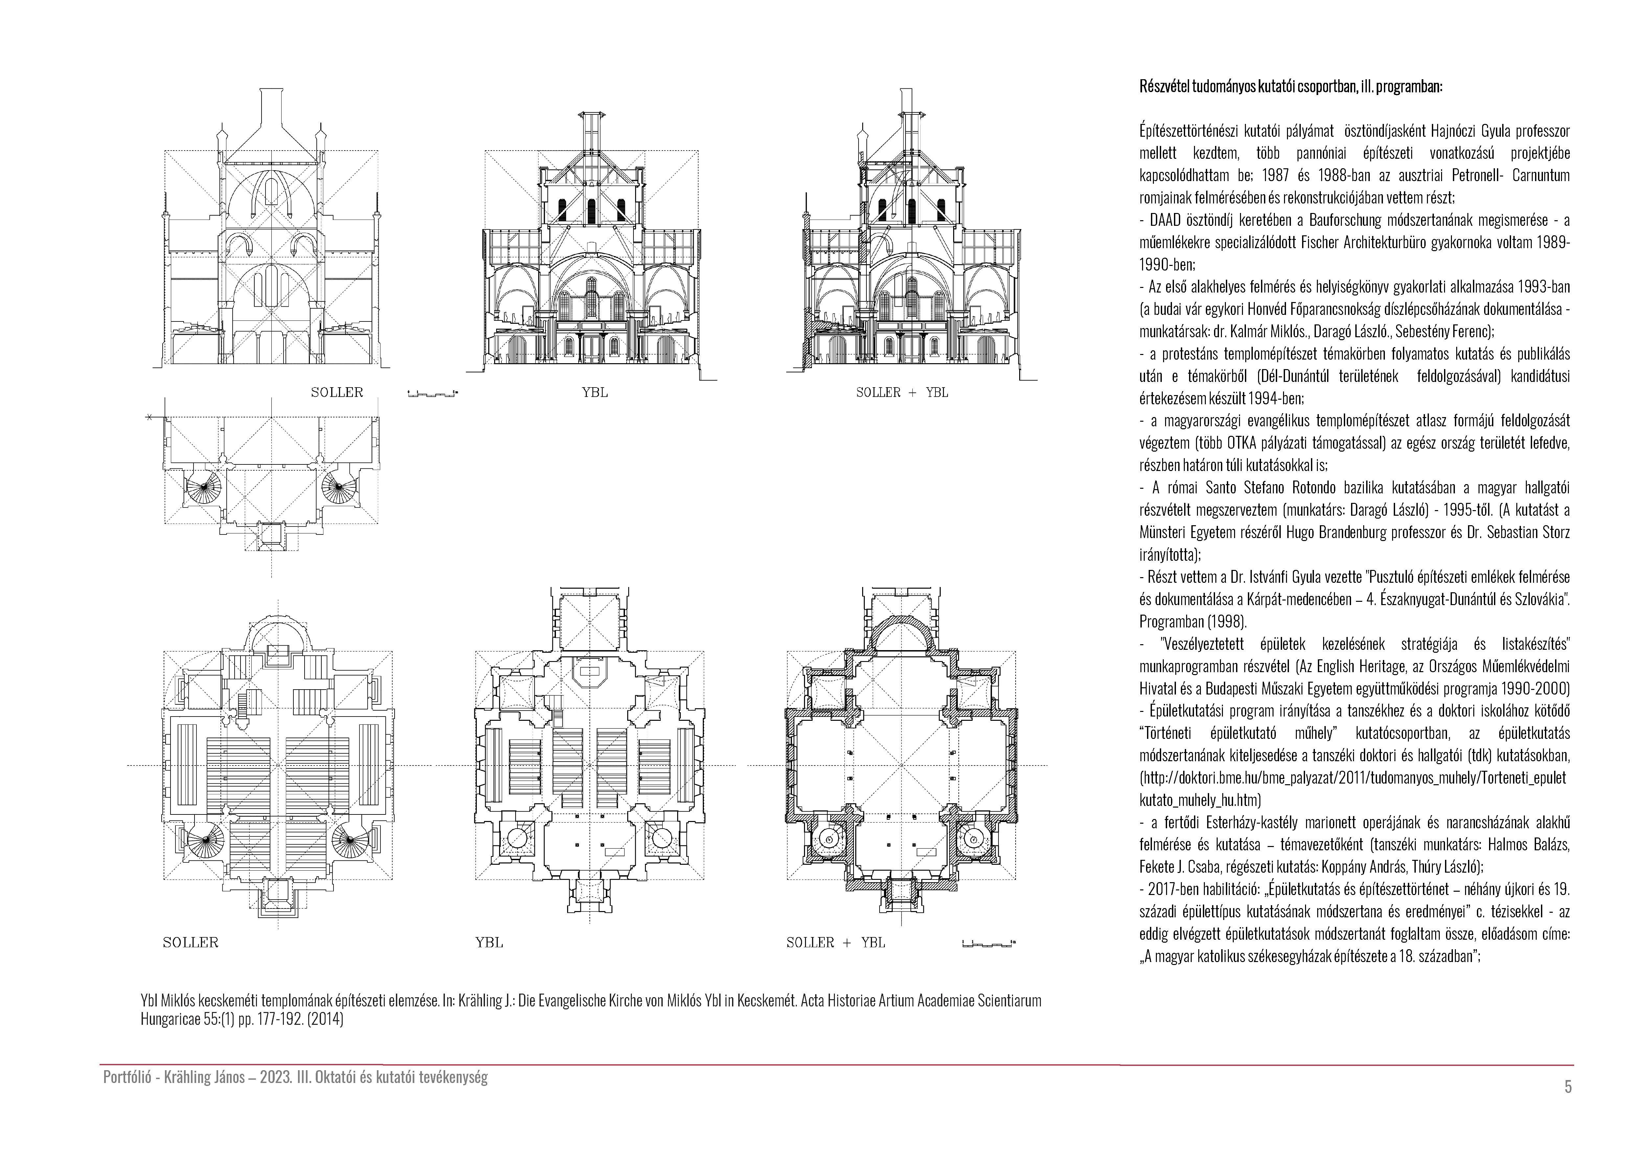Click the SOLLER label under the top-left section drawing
[336, 393]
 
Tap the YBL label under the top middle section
[595, 393]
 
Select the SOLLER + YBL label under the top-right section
[902, 393]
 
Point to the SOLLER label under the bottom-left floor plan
[190, 943]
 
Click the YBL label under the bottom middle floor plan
[489, 943]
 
